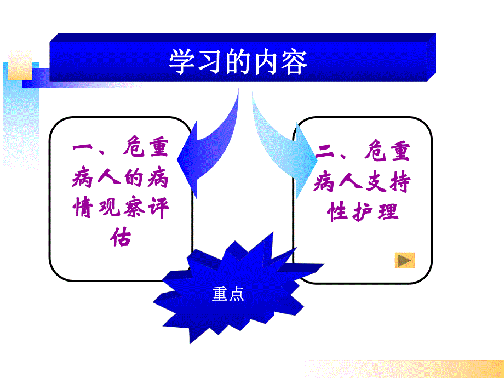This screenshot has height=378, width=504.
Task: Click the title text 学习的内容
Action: [x=238, y=61]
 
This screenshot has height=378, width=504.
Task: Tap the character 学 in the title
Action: [x=181, y=61]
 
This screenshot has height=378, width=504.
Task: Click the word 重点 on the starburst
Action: [x=227, y=295]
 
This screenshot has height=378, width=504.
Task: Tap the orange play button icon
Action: [x=405, y=260]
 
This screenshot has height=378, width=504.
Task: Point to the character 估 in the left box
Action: [x=121, y=237]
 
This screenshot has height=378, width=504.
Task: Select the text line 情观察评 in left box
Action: [x=121, y=208]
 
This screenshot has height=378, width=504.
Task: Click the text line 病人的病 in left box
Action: [x=121, y=179]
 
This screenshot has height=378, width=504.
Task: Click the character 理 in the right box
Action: [x=387, y=211]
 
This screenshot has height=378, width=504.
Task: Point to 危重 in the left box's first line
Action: [x=144, y=149]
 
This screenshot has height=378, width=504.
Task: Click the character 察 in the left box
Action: [x=133, y=208]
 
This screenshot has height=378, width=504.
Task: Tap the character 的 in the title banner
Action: [x=238, y=61]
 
